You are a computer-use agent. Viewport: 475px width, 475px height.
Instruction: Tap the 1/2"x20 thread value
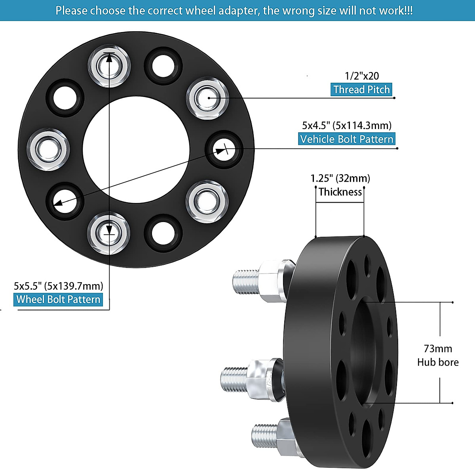point(361,76)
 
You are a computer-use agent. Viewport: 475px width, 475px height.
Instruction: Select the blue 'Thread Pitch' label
point(361,89)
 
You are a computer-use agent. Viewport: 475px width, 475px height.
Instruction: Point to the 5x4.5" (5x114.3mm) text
point(347,125)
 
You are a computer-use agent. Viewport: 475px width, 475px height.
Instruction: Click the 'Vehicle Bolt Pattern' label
point(347,139)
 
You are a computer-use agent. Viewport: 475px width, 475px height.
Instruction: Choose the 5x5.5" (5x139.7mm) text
point(59,285)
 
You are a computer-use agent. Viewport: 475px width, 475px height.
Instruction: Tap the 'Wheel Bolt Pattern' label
point(59,299)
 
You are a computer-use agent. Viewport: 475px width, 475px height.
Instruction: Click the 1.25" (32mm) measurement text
point(340,178)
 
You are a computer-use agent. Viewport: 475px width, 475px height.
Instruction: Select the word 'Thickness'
point(340,192)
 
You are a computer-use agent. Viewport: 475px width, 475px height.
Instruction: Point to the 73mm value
point(438,349)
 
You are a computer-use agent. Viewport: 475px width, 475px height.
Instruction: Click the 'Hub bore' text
point(438,362)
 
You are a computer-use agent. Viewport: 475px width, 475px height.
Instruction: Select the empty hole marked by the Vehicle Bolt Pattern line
point(224,150)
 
